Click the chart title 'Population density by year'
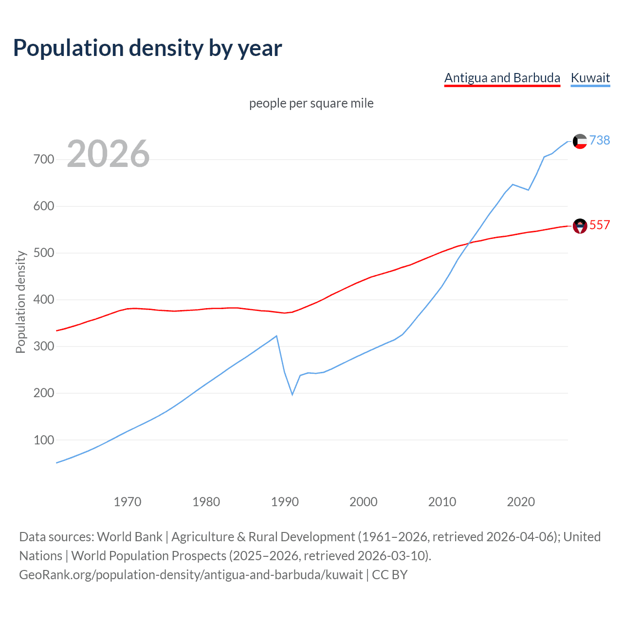tap(147, 48)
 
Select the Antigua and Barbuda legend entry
tap(502, 78)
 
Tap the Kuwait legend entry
tap(590, 78)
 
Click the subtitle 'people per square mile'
tap(311, 103)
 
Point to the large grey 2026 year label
tap(108, 154)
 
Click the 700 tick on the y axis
tap(44, 159)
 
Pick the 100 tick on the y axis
tap(44, 440)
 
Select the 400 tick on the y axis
tap(44, 300)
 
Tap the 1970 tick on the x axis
tap(128, 502)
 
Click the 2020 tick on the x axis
tap(521, 502)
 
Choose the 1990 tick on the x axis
tap(285, 502)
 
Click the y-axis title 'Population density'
tap(20, 302)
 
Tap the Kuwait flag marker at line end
tap(580, 141)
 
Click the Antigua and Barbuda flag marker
tap(580, 226)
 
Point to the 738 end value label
tap(600, 140)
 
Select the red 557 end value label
tap(600, 225)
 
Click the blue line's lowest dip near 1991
tap(293, 394)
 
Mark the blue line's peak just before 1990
tap(276, 336)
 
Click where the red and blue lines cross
tap(468, 243)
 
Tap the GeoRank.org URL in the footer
tap(191, 575)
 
